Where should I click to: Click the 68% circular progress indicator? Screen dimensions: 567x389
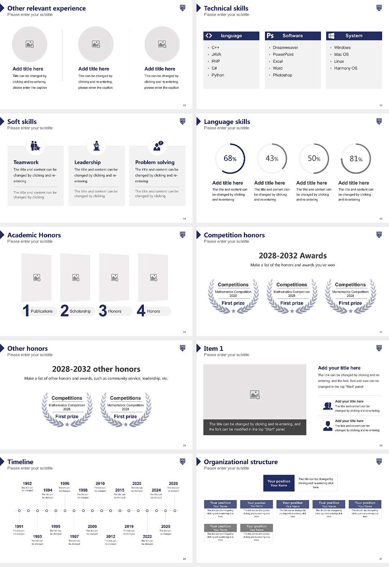[x=230, y=158]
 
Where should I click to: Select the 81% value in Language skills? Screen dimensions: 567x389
[x=356, y=159]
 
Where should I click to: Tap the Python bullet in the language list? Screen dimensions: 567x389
[x=218, y=75]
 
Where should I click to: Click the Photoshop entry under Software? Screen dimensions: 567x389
[x=282, y=75]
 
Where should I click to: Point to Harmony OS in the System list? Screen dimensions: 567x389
[x=346, y=68]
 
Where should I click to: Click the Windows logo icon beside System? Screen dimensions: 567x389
[x=331, y=36]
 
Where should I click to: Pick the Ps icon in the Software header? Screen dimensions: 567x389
[x=270, y=36]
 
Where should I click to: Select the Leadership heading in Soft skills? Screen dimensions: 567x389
[x=88, y=162]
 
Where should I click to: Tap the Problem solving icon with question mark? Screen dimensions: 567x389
[x=158, y=146]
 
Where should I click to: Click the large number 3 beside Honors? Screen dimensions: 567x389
[x=103, y=311]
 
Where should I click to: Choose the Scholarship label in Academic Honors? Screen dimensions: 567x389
[x=80, y=311]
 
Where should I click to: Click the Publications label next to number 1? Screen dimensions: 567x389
[x=42, y=311]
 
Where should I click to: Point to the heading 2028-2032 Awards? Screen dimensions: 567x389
[x=293, y=256]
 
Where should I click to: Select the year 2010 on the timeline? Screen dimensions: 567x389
[x=100, y=484]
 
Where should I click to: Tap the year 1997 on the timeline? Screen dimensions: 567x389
[x=74, y=537]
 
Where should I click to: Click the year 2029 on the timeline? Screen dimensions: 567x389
[x=173, y=484]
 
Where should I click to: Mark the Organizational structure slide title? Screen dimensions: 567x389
[x=241, y=462]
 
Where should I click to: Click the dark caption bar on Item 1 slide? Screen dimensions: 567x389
[x=254, y=427]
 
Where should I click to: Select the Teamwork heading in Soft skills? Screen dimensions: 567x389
[x=26, y=162]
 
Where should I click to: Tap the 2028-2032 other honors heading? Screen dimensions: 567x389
[x=96, y=369]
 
